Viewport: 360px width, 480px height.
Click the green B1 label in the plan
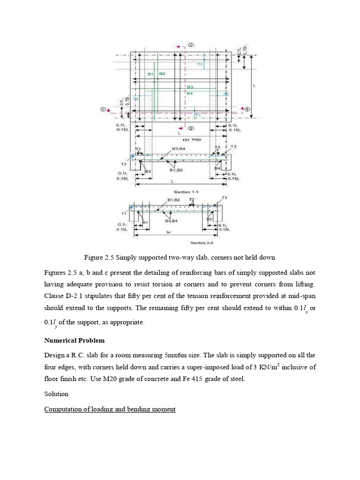click(151, 74)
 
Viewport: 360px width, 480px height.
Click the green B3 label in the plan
click(190, 87)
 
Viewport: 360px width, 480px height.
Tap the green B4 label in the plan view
click(190, 93)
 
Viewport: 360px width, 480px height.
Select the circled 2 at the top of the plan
click(191, 45)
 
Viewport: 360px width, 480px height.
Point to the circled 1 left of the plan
click(103, 109)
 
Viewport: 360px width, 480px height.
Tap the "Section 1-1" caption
click(182, 192)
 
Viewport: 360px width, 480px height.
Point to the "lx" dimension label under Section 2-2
click(176, 232)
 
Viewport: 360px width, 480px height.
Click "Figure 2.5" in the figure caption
click(99, 257)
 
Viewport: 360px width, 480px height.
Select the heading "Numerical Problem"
click(75, 340)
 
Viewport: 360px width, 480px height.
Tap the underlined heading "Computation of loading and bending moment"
click(110, 409)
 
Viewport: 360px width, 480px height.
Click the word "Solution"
click(56, 394)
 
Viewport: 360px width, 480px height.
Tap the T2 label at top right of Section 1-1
click(233, 147)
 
